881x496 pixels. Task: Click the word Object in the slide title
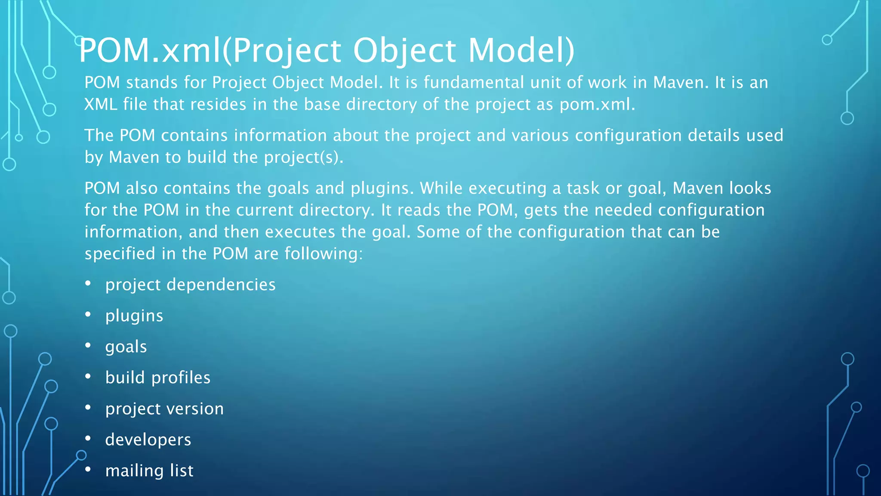(404, 51)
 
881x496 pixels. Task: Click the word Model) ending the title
(521, 51)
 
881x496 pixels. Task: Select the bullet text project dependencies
(190, 285)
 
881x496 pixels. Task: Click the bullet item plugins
(134, 316)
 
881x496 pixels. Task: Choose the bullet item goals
(126, 347)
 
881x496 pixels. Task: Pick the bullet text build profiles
(158, 378)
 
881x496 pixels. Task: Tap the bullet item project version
(164, 409)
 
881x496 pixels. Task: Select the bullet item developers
(148, 440)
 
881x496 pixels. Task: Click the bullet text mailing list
(149, 471)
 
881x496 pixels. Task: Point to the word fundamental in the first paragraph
(474, 82)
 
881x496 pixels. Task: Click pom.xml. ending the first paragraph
(597, 104)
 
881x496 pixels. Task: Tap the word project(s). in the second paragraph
(304, 157)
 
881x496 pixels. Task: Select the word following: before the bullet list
(323, 254)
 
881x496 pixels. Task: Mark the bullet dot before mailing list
(88, 469)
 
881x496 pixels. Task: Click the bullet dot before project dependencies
(88, 283)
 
